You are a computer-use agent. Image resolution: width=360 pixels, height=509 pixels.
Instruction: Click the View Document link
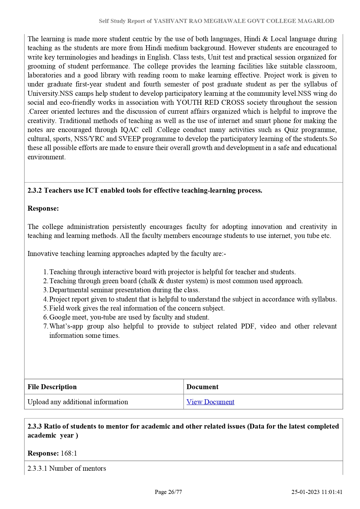point(210,402)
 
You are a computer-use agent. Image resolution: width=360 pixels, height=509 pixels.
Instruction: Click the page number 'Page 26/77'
point(168,492)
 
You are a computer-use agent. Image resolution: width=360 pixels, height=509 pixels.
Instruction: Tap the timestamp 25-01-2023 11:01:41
point(317,492)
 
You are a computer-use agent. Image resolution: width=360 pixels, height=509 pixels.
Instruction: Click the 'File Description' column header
point(52,387)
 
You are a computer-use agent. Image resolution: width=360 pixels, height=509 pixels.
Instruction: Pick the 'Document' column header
point(202,387)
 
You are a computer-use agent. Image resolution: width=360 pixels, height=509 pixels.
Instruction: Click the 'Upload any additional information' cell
point(78,402)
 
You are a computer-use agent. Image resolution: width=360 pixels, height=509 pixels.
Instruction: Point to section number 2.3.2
point(35,190)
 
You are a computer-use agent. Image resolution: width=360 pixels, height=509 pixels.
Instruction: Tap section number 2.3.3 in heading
point(35,426)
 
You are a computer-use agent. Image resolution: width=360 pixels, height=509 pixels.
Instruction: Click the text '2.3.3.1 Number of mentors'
point(67,468)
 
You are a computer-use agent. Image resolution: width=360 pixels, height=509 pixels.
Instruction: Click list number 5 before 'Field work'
point(45,308)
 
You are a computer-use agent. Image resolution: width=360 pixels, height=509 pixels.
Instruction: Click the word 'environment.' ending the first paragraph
point(47,157)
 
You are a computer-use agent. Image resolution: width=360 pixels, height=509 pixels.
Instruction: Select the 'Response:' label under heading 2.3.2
point(43,208)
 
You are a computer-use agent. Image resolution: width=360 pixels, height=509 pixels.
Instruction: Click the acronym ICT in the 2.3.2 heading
point(92,190)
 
